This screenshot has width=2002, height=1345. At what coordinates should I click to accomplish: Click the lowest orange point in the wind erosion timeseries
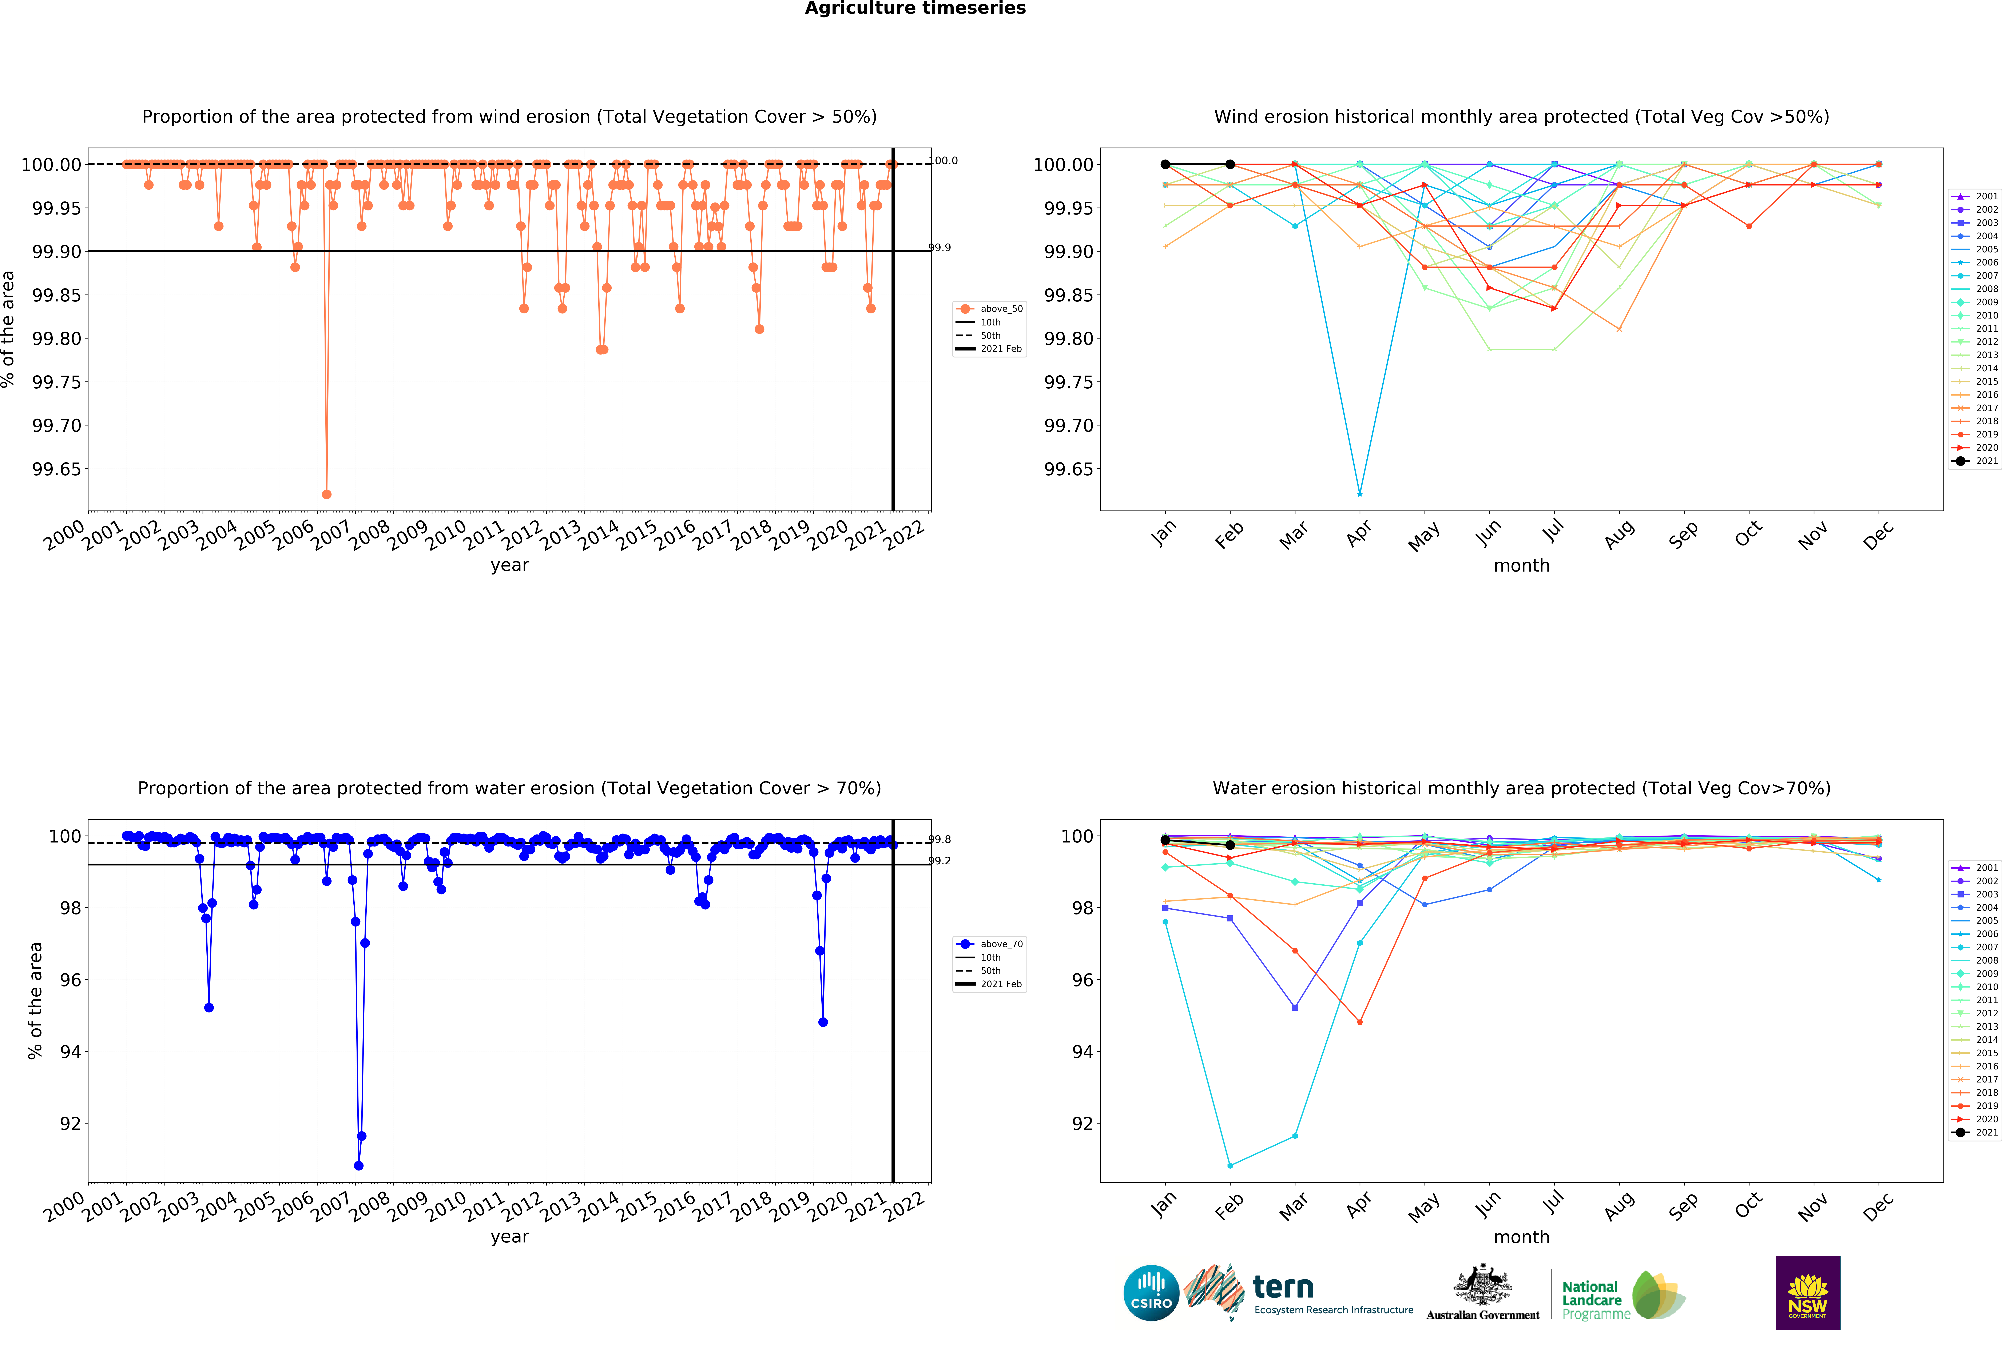pos(326,494)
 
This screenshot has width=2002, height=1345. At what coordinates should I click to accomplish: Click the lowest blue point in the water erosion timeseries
pos(359,1166)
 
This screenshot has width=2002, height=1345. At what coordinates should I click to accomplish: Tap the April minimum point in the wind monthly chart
pos(1359,494)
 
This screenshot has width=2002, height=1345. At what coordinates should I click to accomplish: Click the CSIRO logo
pos(1151,1293)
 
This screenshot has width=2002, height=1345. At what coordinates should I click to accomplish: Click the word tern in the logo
pos(1283,1287)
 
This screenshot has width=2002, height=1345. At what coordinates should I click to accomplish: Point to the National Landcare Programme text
pos(1595,1300)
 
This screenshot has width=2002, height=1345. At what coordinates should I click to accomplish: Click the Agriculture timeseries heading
pos(915,9)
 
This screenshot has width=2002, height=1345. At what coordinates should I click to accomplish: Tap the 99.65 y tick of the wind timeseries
pos(57,469)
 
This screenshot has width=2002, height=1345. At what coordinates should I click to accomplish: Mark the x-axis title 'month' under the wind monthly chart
pos(1521,565)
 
